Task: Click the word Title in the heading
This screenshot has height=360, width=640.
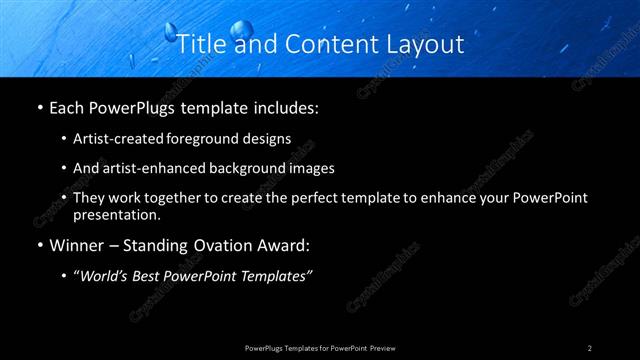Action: pyautogui.click(x=199, y=44)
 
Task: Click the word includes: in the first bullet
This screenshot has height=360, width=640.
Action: pyautogui.click(x=281, y=105)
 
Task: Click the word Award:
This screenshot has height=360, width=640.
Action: pyautogui.click(x=287, y=244)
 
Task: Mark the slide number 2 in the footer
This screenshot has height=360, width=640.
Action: pyautogui.click(x=590, y=347)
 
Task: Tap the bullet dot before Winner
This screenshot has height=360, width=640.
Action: pyautogui.click(x=39, y=245)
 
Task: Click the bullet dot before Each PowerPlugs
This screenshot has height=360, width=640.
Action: pyautogui.click(x=39, y=106)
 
